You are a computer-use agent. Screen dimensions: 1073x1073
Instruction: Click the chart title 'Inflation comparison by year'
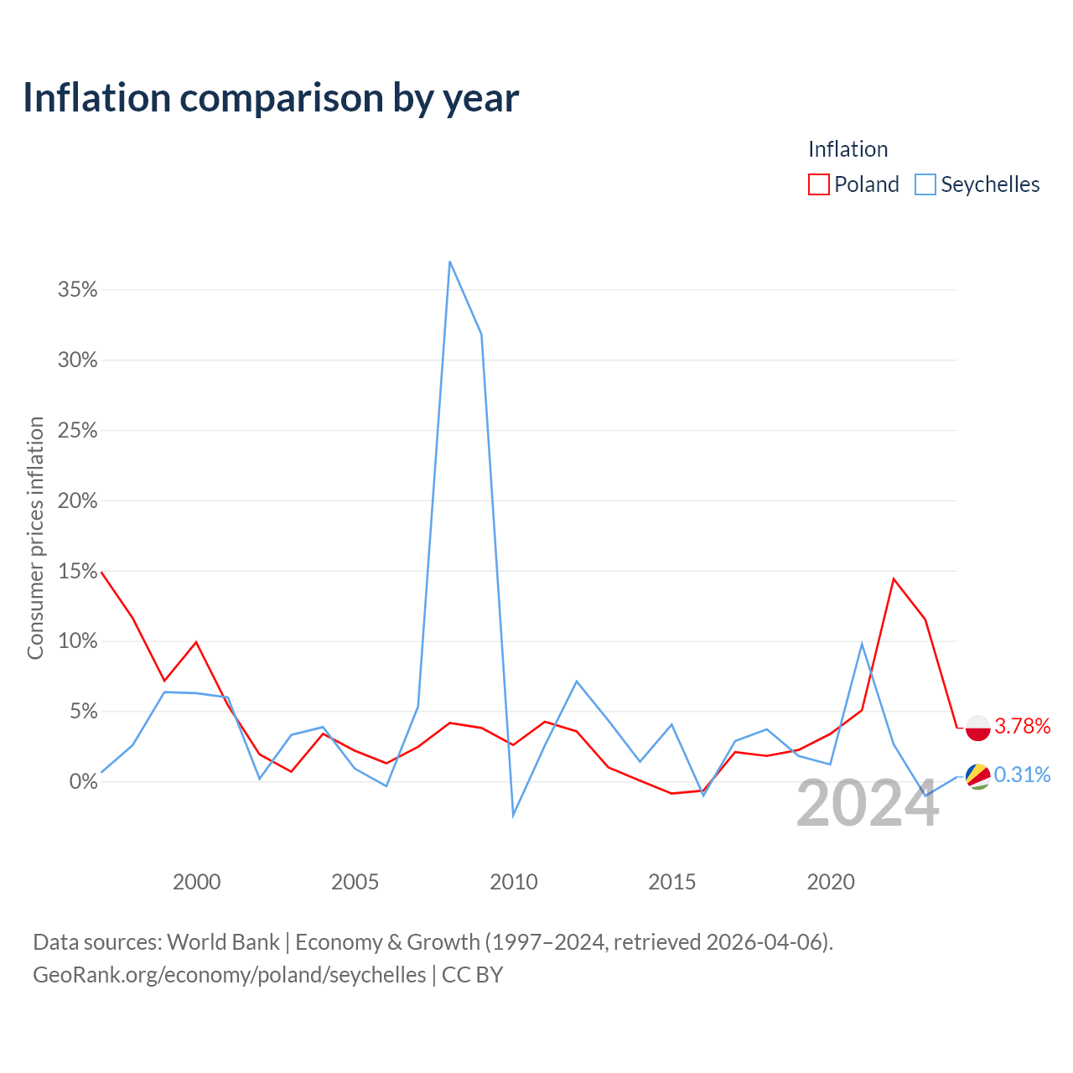pos(271,98)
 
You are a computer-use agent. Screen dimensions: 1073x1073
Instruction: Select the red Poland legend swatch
pos(818,184)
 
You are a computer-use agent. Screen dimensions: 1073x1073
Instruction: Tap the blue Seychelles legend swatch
pos(925,184)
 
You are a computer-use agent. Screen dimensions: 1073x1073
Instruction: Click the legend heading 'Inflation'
pos(848,149)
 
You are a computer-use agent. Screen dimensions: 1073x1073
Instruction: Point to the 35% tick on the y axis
pos(77,289)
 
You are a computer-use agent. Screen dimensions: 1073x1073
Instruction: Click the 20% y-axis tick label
pos(77,500)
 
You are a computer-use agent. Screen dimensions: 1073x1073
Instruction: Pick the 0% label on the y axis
pos(84,781)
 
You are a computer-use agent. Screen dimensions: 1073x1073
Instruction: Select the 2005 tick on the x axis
pos(355,882)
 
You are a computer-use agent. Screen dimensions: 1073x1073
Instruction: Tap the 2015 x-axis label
pos(671,882)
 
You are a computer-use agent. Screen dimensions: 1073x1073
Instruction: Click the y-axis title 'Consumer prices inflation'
pos(35,538)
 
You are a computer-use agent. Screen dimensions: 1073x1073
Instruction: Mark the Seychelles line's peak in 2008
pos(449,262)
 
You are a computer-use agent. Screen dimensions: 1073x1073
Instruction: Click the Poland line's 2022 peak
pos(893,579)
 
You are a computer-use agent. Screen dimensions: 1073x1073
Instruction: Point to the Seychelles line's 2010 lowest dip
pos(513,816)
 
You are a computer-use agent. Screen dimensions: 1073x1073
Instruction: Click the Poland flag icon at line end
pos(977,728)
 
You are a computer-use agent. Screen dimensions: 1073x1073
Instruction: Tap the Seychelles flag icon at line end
pos(977,776)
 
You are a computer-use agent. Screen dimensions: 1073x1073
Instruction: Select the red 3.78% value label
pos(1023,726)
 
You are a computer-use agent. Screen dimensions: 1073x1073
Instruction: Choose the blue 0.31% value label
pos(1023,775)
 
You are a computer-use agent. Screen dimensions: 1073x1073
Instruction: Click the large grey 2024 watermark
pos(868,804)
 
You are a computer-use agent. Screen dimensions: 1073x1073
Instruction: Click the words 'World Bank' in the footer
pos(223,942)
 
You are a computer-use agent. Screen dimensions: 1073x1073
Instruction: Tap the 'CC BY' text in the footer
pos(472,975)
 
